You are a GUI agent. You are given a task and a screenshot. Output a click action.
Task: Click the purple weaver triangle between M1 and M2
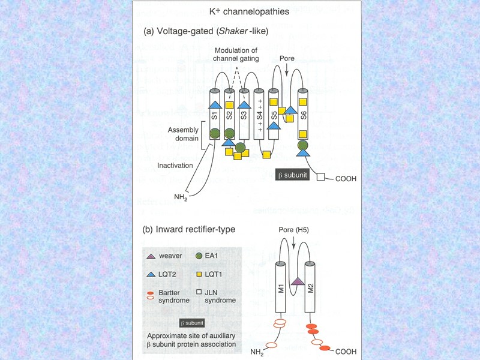(296, 281)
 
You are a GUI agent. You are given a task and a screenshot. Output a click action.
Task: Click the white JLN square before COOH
(320, 178)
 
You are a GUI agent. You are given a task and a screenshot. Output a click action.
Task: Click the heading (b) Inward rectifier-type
(188, 229)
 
